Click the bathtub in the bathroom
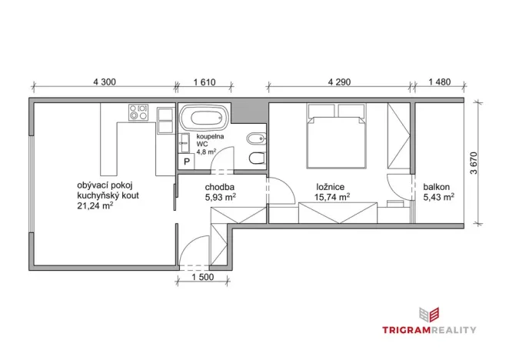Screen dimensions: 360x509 205,119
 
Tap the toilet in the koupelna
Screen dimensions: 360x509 256,159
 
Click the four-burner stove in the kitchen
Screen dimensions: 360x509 139,115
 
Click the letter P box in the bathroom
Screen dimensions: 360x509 186,162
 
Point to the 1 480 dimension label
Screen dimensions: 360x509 438,80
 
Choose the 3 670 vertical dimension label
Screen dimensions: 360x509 474,163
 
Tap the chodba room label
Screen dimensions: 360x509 219,187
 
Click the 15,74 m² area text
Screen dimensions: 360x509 332,198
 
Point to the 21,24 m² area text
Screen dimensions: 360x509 96,206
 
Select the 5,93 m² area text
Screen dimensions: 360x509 220,198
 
